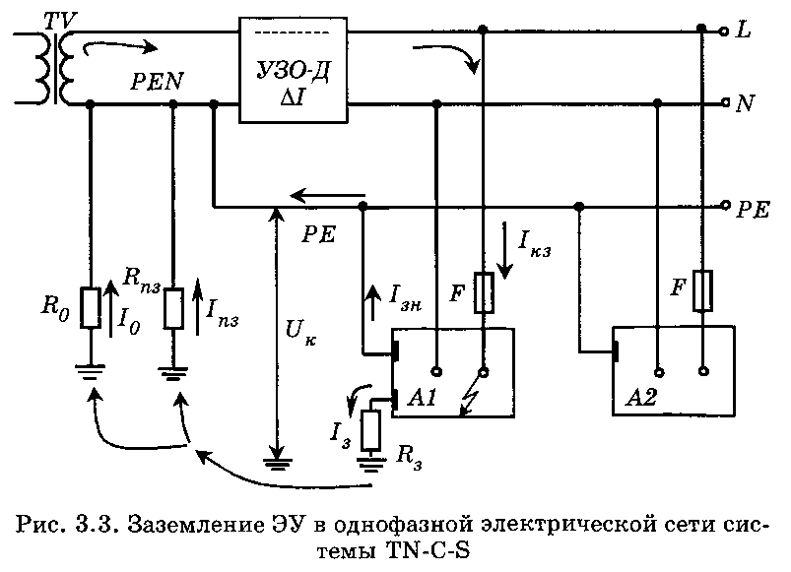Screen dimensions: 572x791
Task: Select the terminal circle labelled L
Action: click(725, 31)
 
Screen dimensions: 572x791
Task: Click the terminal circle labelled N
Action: click(725, 102)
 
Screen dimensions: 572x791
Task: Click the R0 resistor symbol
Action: click(90, 308)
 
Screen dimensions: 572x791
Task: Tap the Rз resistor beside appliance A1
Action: click(372, 429)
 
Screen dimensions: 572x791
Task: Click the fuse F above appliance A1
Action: click(484, 293)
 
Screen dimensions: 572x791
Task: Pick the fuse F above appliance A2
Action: click(701, 290)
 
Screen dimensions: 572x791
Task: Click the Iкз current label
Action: click(532, 243)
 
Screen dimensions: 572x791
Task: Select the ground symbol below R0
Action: click(90, 372)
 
